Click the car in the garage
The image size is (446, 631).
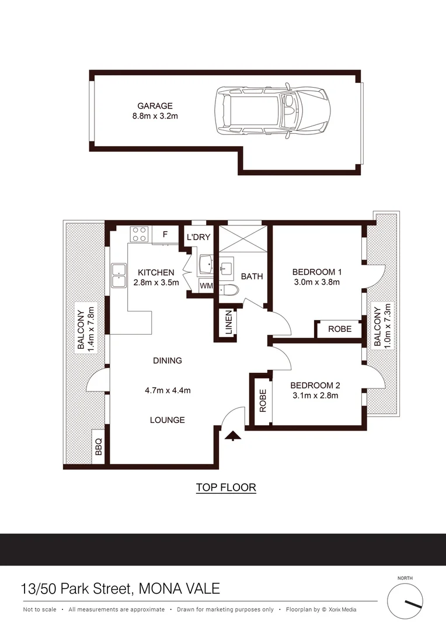click(271, 109)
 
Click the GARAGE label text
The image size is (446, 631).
click(155, 106)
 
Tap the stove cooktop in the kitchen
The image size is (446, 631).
click(139, 234)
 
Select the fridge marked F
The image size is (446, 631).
click(165, 235)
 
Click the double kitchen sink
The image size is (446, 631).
click(120, 276)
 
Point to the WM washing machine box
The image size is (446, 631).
click(206, 286)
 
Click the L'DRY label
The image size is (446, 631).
click(198, 238)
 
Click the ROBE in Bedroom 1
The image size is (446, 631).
click(339, 329)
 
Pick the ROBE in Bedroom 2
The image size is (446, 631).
click(262, 400)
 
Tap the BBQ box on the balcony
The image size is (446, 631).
click(98, 448)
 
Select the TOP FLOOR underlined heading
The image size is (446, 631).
click(226, 487)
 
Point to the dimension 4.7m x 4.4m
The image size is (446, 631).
click(168, 391)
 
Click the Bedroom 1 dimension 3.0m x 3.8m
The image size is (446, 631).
click(316, 282)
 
